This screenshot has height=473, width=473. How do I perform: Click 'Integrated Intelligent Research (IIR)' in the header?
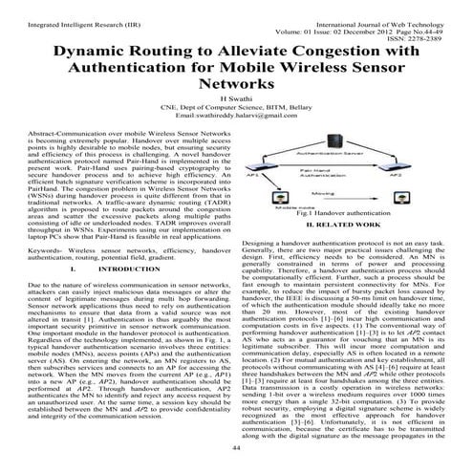click(72, 10)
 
